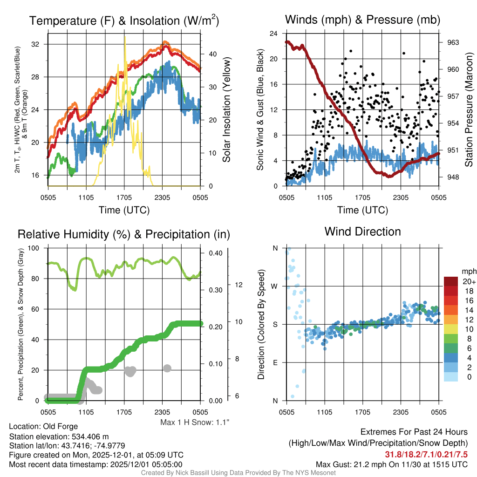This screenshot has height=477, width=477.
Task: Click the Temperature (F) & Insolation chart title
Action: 124,20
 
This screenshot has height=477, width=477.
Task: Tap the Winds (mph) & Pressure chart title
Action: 362,20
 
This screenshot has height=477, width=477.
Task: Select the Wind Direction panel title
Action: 362,232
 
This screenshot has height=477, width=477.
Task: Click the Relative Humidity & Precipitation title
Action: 124,234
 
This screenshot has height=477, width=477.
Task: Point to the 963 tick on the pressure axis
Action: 453,42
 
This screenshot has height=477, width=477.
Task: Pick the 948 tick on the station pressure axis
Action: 453,177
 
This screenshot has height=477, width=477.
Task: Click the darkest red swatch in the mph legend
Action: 451,281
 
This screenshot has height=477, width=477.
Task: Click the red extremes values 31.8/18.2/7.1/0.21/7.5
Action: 426,454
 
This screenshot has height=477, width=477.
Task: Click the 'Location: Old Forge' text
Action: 43,426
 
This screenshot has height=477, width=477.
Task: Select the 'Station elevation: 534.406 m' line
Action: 59,436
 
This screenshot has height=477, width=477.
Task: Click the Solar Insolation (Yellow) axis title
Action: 227,110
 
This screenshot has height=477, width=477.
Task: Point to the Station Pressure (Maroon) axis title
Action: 470,110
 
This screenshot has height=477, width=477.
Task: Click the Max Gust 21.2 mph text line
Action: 391,464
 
